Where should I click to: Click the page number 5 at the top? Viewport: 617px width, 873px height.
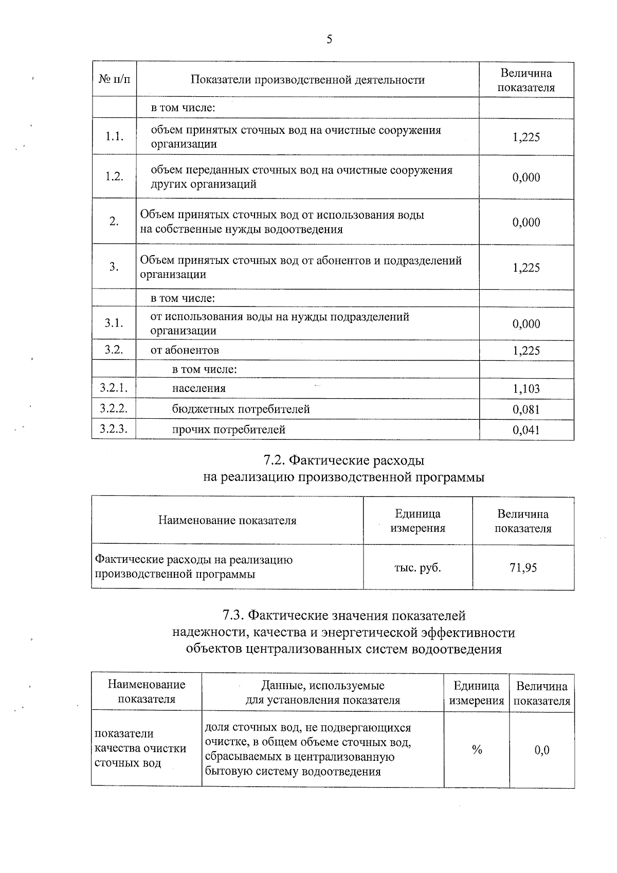(329, 39)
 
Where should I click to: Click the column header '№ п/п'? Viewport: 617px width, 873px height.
(114, 80)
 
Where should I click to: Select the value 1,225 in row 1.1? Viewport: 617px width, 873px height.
(526, 137)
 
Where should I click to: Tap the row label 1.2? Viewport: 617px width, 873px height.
(114, 176)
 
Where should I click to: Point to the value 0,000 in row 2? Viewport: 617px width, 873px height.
(526, 222)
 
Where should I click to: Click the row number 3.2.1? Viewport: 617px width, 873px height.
(114, 388)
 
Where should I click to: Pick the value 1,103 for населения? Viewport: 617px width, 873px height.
(526, 389)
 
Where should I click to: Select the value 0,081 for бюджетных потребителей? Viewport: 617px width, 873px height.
(526, 410)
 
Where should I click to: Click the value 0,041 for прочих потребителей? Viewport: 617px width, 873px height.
(526, 430)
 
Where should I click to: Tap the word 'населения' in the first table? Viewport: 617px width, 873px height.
(198, 388)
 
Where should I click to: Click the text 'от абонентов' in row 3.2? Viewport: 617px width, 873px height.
(185, 350)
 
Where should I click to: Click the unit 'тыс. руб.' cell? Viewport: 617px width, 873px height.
(418, 568)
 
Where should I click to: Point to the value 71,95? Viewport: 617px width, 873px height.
(523, 568)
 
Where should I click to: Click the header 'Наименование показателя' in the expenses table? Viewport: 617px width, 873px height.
(227, 520)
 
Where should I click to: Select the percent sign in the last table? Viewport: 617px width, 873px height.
(477, 750)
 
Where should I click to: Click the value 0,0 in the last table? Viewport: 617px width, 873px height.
(542, 750)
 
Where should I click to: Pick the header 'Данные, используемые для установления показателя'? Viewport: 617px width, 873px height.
(322, 692)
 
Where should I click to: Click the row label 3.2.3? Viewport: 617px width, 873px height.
(114, 429)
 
